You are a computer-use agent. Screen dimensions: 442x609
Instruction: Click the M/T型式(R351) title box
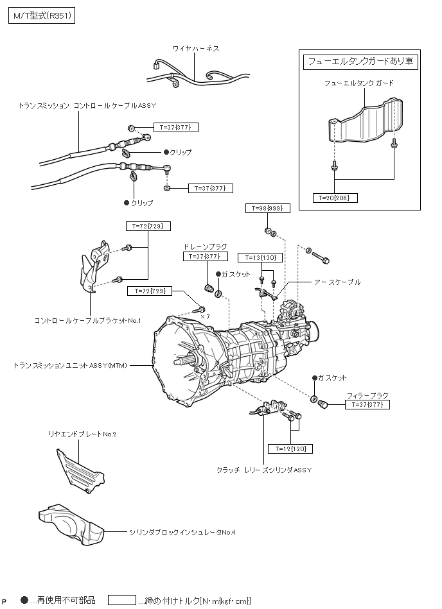[x=42, y=16]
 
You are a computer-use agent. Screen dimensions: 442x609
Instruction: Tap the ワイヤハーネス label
[x=196, y=49]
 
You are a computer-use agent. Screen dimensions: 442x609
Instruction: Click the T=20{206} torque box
[x=335, y=198]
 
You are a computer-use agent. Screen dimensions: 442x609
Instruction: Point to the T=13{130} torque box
[x=261, y=257]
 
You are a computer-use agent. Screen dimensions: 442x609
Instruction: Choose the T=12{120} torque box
[x=291, y=449]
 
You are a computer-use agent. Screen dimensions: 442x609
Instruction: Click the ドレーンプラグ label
[x=205, y=246]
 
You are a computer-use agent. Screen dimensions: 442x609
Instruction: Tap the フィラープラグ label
[x=367, y=395]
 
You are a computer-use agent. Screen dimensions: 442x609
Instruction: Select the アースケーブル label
[x=337, y=282]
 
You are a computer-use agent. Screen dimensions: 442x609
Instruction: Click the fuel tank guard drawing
[x=366, y=121]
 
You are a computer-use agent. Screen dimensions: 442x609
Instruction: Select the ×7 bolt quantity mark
[x=205, y=316]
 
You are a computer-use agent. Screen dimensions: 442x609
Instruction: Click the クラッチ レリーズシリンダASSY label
[x=264, y=470]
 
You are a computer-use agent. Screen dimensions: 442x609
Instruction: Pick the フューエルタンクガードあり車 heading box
[x=360, y=62]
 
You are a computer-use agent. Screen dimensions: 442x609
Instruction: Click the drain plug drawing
[x=209, y=289]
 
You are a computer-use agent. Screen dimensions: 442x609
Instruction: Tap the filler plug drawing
[x=323, y=405]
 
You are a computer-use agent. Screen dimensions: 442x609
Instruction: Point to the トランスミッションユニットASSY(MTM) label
[x=70, y=366]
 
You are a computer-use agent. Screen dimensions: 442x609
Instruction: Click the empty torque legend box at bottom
[x=122, y=600]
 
